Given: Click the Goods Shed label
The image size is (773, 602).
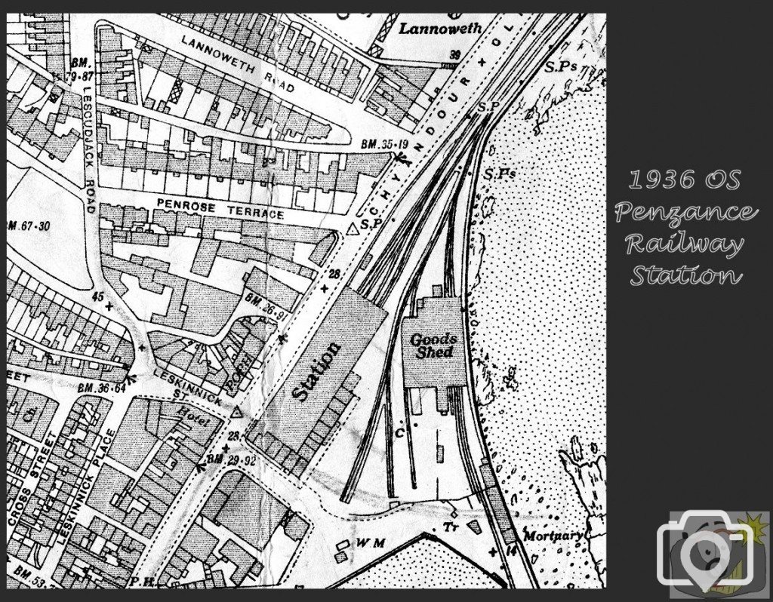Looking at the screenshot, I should point(433,346).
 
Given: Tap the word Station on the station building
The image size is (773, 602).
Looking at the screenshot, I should point(316,371).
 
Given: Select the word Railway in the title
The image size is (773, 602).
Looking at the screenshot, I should point(684,245).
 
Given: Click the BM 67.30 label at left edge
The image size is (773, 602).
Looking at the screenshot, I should point(28,226).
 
